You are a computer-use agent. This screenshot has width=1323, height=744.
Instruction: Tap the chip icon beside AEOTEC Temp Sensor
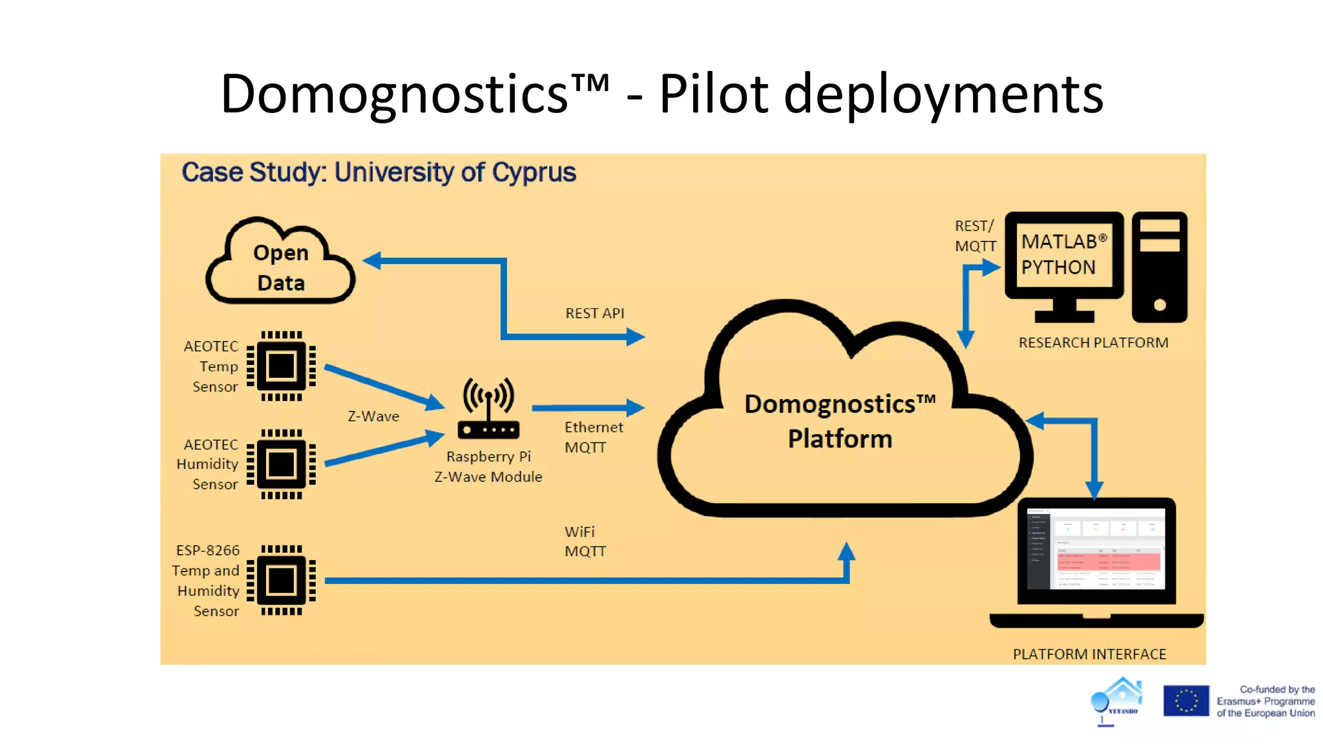(x=281, y=366)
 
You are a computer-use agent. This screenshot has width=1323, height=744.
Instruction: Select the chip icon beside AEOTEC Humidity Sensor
(x=281, y=464)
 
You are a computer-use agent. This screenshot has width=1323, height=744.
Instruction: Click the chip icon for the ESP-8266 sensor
(x=281, y=580)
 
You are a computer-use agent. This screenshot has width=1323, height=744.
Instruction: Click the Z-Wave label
(x=373, y=417)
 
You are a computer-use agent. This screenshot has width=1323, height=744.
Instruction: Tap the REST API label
(x=594, y=313)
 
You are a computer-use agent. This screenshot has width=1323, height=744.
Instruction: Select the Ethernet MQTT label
(x=593, y=437)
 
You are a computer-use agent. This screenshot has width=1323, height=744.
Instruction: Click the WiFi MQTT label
(x=585, y=541)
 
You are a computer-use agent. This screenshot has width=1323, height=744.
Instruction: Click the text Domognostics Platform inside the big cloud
(x=840, y=421)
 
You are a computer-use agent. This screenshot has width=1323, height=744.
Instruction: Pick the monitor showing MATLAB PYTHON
(x=1064, y=256)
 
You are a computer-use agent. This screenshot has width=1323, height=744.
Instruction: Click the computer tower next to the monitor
(x=1160, y=267)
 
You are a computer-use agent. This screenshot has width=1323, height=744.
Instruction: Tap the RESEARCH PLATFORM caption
(x=1093, y=343)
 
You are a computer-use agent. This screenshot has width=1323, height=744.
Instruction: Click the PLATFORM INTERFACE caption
(x=1089, y=654)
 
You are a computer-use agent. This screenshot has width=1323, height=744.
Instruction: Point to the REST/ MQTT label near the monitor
(x=975, y=236)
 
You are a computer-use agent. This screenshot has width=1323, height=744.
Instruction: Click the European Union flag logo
(x=1185, y=701)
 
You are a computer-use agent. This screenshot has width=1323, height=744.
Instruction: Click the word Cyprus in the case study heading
(x=534, y=173)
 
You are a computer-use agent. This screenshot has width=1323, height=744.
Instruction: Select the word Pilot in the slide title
(x=714, y=94)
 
